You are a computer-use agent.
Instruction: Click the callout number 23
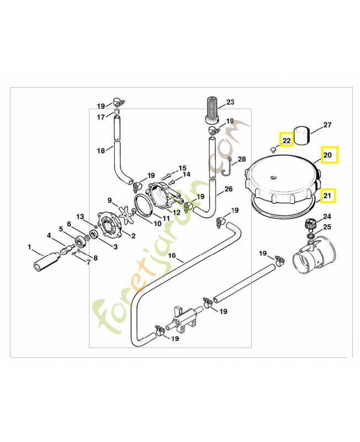pos(230,102)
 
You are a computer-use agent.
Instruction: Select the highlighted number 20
pos(327,156)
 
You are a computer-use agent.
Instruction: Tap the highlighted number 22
pos(287,141)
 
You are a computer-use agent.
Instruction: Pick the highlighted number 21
pos(327,195)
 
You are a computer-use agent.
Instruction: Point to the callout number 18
pos(100,151)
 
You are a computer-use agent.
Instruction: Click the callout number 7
pos(87,261)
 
